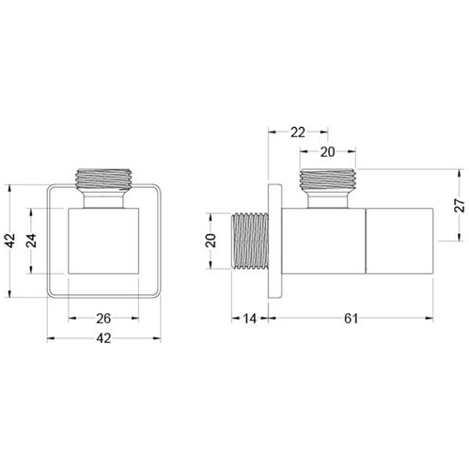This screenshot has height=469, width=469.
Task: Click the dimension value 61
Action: pos(351,319)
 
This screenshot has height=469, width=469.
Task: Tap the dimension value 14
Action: pos(250,319)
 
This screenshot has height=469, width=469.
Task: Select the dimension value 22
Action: pos(298,133)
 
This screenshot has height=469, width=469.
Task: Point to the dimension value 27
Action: pos(460,205)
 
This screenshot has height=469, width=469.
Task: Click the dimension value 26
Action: pos(103,319)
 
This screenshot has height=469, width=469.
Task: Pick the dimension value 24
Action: pos(31,241)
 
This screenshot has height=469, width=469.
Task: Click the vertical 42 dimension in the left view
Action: pos(10,241)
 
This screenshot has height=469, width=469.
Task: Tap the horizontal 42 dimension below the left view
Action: pos(103,338)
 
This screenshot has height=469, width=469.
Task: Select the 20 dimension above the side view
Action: pos(328,152)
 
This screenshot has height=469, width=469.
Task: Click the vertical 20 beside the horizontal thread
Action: pos(211,241)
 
